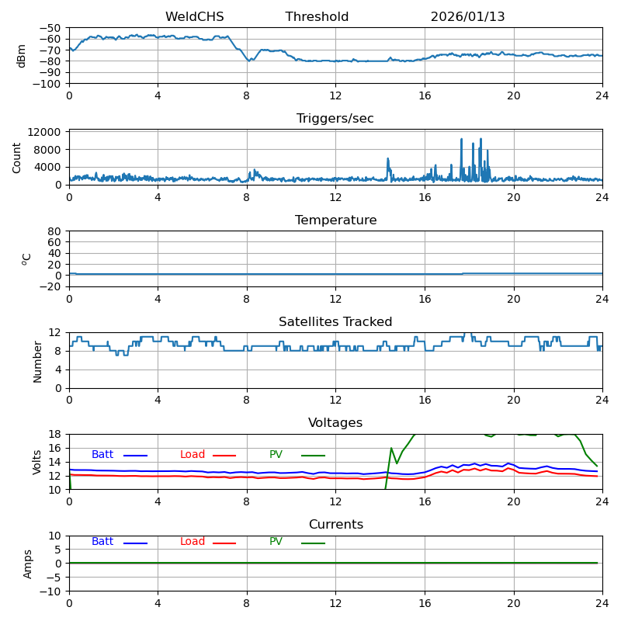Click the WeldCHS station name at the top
(x=194, y=17)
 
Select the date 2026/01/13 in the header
(x=467, y=17)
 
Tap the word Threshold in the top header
(x=317, y=17)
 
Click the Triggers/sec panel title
(x=335, y=119)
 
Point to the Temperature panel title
(x=335, y=220)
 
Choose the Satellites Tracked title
(x=335, y=322)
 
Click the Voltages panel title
(x=335, y=423)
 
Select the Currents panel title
(x=335, y=525)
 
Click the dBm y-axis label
(x=22, y=55)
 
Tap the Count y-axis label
(x=17, y=157)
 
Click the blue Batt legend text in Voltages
(x=102, y=455)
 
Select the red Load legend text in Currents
(x=193, y=542)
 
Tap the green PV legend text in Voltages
(x=276, y=455)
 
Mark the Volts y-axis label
(x=37, y=462)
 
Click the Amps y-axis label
(x=28, y=564)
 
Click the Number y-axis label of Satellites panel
(x=37, y=361)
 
